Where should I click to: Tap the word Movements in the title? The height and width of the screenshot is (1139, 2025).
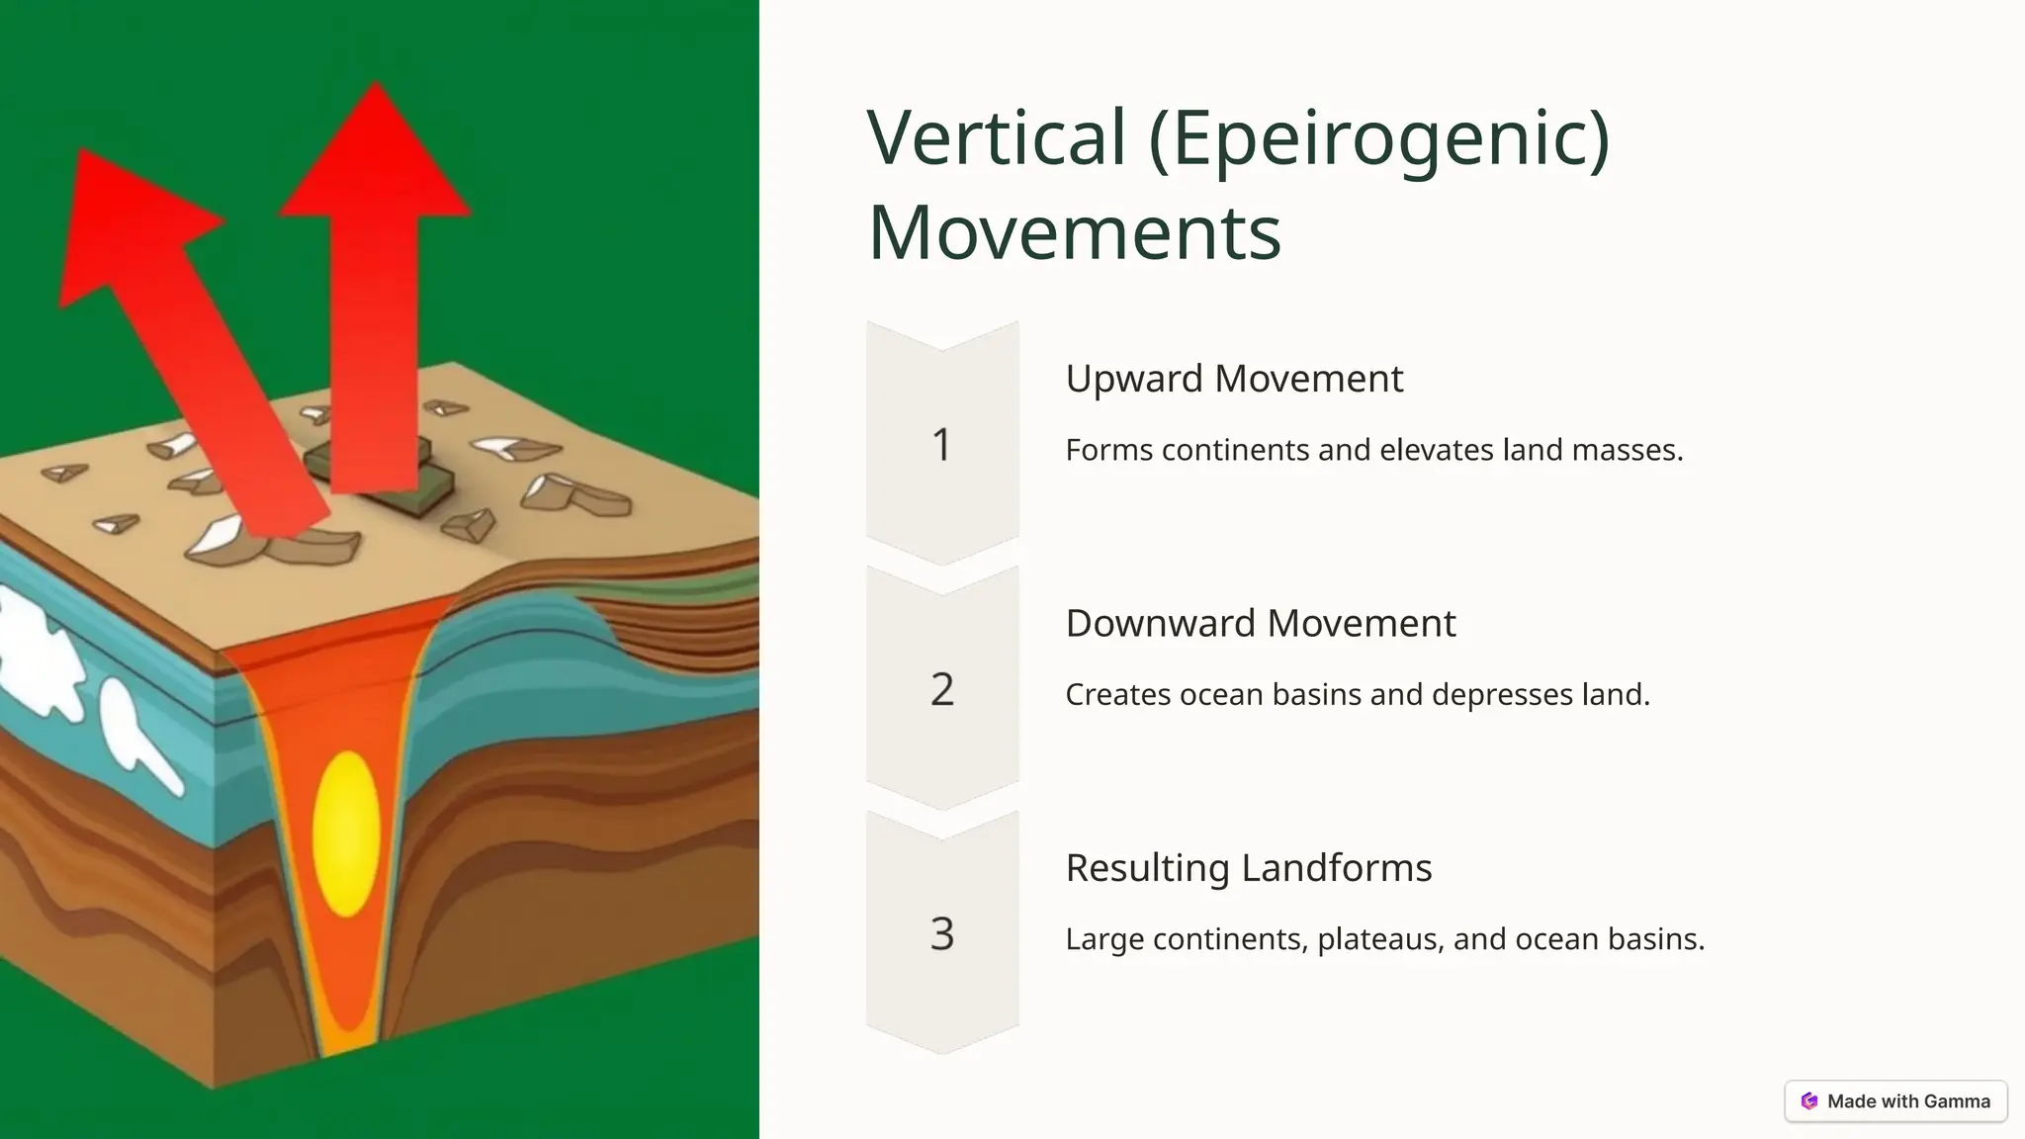pos(1075,232)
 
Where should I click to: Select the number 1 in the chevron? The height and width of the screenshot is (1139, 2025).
pos(941,445)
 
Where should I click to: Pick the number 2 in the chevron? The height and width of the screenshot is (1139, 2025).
pos(941,689)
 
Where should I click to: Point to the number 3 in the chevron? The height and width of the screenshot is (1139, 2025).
pos(941,933)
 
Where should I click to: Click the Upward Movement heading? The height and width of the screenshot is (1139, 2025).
pos(1234,379)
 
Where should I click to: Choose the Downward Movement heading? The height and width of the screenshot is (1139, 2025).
pos(1261,623)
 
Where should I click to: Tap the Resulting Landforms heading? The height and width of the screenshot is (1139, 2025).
pos(1248,867)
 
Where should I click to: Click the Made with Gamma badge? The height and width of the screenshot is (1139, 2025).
pos(1895,1100)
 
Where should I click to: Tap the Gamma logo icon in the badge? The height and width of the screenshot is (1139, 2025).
pos(1809,1100)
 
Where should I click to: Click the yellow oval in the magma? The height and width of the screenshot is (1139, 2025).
pos(346,833)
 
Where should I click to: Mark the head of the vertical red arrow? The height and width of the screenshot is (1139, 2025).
pos(376,158)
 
